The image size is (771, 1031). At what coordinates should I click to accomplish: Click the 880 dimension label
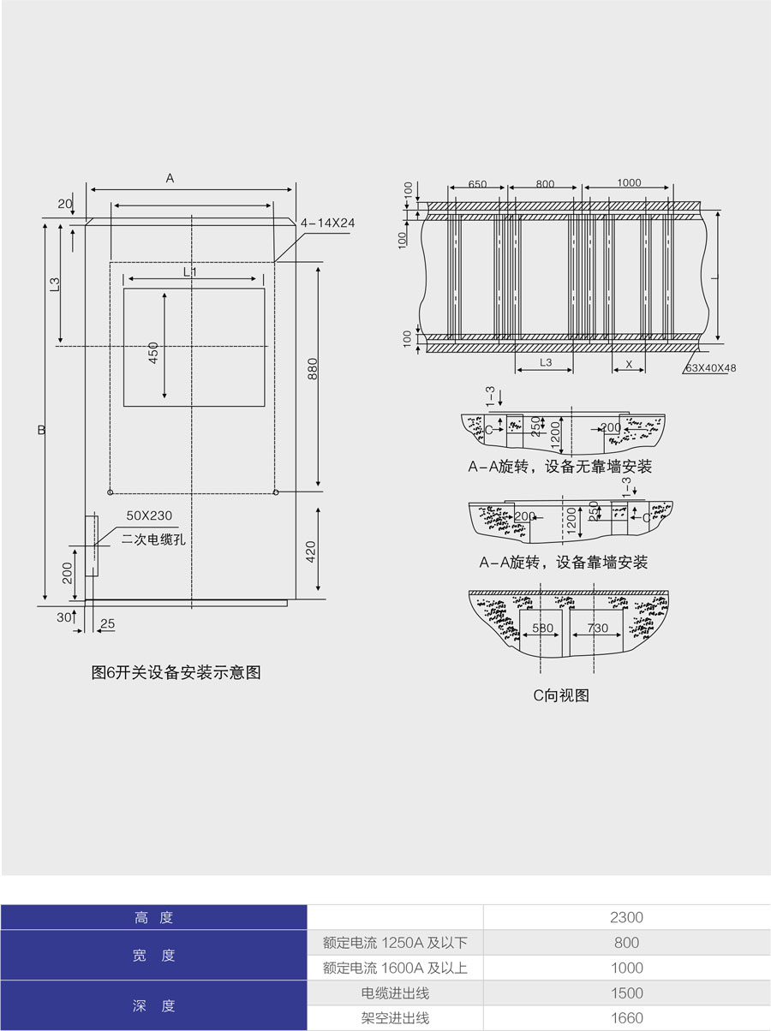click(313, 369)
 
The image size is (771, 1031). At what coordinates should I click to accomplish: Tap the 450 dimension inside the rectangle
click(153, 352)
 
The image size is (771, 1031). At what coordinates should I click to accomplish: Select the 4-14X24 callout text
click(327, 223)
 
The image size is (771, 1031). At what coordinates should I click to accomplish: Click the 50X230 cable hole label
click(149, 515)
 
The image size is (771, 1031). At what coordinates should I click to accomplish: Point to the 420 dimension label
click(311, 551)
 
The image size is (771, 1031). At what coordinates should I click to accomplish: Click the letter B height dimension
click(41, 429)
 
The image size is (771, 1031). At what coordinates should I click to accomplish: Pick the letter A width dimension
click(170, 178)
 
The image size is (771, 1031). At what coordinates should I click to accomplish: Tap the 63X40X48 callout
click(711, 367)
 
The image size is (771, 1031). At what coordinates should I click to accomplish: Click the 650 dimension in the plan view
click(477, 183)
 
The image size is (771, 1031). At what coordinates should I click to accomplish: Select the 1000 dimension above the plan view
click(629, 182)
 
